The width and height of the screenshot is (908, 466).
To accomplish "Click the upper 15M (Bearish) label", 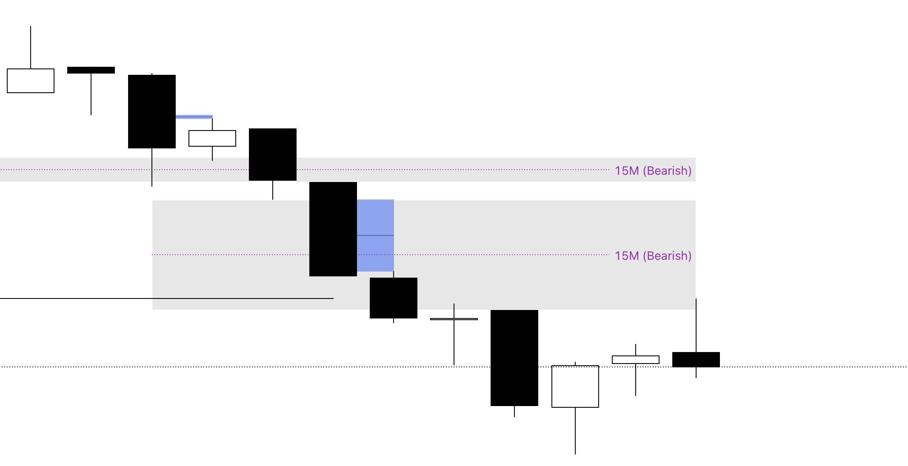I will pyautogui.click(x=653, y=170).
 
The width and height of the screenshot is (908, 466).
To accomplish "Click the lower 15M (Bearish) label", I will pyautogui.click(x=653, y=256).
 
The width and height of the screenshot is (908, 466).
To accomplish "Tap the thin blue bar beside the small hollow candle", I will pyautogui.click(x=194, y=116).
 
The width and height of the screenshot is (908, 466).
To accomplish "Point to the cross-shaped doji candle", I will pyautogui.click(x=454, y=319).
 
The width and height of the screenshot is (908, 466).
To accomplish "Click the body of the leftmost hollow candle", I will pyautogui.click(x=31, y=81).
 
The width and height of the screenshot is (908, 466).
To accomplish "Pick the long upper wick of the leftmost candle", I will pyautogui.click(x=31, y=47).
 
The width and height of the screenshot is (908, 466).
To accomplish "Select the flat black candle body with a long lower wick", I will pyautogui.click(x=91, y=70).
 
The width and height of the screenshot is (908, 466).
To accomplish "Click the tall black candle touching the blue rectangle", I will pyautogui.click(x=333, y=229).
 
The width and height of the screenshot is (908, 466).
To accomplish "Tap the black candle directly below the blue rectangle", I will pyautogui.click(x=394, y=298).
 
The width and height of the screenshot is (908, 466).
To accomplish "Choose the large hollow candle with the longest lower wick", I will pyautogui.click(x=575, y=386).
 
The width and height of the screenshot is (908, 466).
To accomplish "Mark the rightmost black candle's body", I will pyautogui.click(x=696, y=360).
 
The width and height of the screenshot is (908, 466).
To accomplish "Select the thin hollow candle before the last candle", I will pyautogui.click(x=636, y=360).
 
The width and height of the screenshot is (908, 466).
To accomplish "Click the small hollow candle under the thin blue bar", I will pyautogui.click(x=212, y=139).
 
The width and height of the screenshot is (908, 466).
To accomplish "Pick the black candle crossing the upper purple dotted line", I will pyautogui.click(x=273, y=154).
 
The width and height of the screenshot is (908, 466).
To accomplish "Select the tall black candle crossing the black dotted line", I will pyautogui.click(x=514, y=358).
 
